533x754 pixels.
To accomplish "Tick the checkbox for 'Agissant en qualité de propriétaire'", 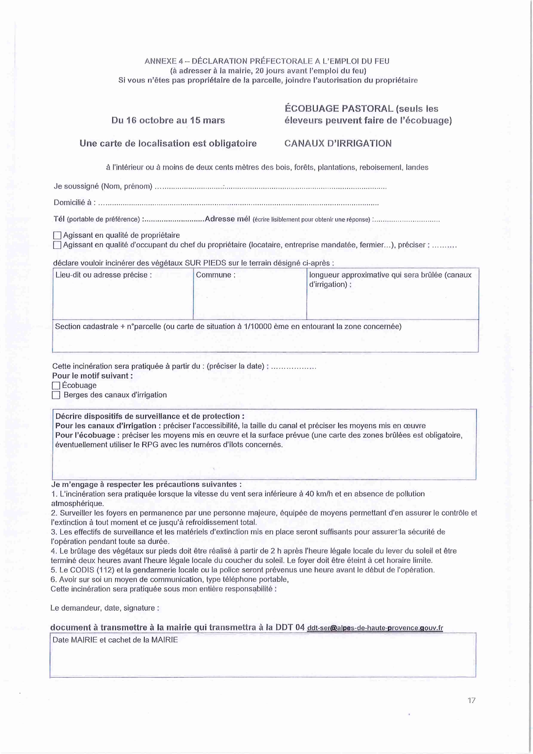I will pos(57,235).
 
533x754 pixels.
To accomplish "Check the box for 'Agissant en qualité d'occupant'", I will pos(57,245).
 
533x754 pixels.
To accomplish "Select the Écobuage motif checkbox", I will pos(56,386).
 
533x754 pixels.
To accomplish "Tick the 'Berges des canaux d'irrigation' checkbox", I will pos(56,395).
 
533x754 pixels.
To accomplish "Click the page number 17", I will pos(472,701).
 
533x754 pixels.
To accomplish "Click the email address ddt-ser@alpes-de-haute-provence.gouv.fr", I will pos(375,628).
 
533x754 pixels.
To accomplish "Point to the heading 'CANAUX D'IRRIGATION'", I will pos(338,143).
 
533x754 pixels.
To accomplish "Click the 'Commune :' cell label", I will pos(215,275).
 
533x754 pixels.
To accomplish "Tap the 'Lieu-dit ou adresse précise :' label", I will pos(104,275).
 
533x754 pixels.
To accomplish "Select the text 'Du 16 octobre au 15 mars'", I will pos(168,120).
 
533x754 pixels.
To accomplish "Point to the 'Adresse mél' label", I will pos(227,219).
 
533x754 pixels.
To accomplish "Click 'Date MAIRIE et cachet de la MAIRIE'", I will pos(115,640).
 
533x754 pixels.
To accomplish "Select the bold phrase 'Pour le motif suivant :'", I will pos(92,376).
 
